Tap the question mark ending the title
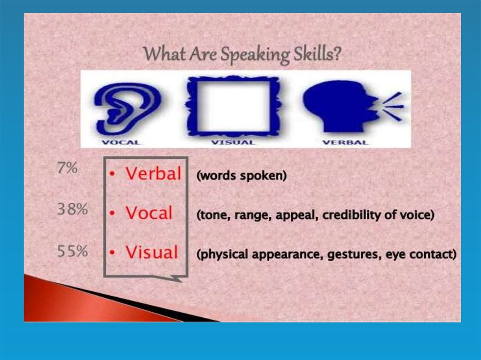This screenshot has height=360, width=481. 336,54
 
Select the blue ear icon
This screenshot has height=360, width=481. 127,108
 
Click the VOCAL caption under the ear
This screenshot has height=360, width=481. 121,143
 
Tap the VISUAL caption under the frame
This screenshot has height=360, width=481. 233,143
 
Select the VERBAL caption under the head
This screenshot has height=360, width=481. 345,143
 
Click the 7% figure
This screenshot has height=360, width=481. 68,168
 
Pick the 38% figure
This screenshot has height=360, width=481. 72,209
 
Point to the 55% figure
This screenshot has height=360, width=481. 72,251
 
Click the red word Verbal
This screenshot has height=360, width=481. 154,173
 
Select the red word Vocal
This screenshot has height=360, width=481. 149,213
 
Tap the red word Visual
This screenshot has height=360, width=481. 152,252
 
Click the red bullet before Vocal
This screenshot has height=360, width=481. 113,213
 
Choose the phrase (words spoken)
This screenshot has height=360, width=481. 241,176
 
